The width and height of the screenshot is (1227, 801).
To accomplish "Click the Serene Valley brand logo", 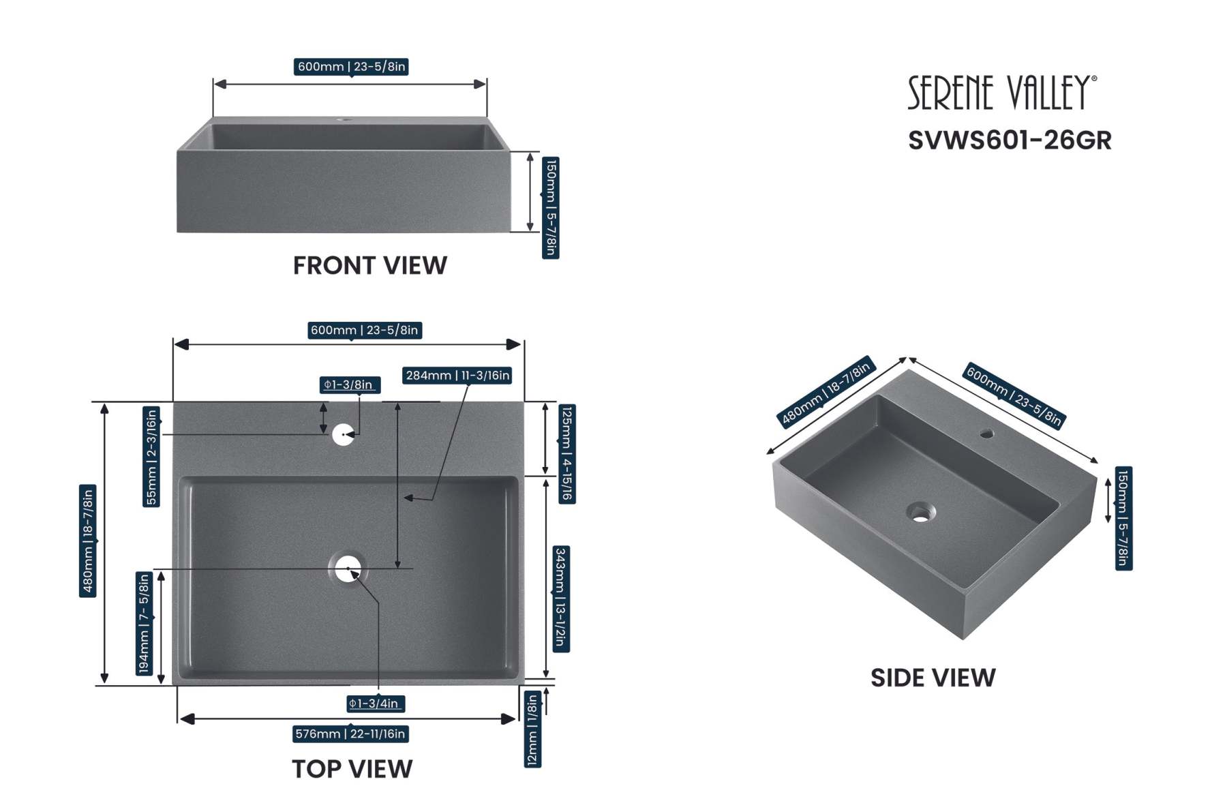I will tap(1001, 93).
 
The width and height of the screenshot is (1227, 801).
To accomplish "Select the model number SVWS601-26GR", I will tap(1010, 140).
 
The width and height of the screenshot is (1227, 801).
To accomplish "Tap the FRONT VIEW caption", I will tap(370, 266).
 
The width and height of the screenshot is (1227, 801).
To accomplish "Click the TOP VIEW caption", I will tap(352, 769).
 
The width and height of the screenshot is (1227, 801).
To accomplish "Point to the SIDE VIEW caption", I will tap(933, 678).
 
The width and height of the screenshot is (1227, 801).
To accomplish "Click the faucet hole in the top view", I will tap(343, 434).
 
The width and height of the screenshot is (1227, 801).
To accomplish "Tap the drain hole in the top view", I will tap(348, 569).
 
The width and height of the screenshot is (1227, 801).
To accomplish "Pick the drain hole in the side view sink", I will tap(921, 512).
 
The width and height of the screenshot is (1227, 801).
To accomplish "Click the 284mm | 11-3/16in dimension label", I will tap(457, 376).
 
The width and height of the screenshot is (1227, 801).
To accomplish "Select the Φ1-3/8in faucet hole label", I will tap(350, 385).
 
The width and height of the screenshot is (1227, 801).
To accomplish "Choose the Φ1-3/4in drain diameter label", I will tap(374, 704).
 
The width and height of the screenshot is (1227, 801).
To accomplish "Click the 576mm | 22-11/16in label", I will tap(350, 734).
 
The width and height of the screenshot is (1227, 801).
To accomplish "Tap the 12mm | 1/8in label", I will tap(532, 729).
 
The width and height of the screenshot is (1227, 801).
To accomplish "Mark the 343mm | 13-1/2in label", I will tap(560, 599).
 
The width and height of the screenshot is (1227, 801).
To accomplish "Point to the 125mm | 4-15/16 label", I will tap(566, 454).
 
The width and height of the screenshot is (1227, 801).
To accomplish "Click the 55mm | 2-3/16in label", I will tap(151, 457).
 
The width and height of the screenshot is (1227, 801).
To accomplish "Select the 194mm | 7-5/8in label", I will tap(144, 623).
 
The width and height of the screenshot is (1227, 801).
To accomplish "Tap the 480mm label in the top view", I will tap(87, 541).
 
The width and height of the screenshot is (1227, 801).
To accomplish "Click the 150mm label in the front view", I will tap(551, 208).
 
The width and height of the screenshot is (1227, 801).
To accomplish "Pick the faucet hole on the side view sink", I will tap(986, 433).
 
